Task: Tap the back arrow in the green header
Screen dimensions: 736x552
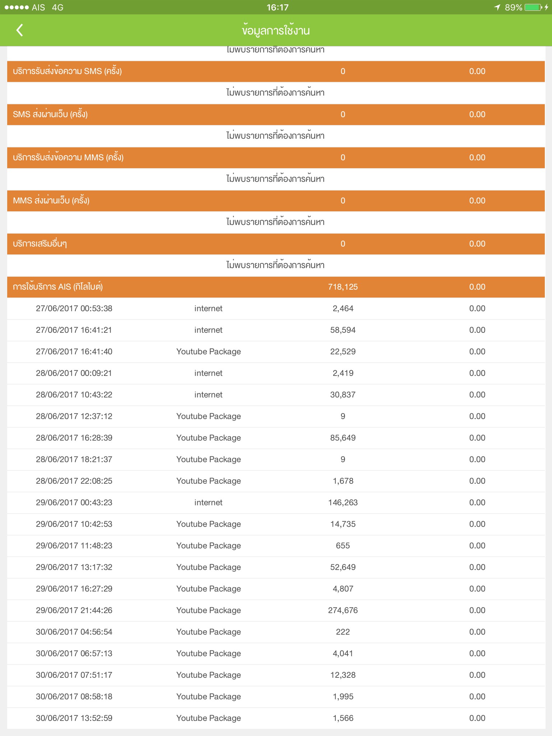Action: click(x=20, y=30)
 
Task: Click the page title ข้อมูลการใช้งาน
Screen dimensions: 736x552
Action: click(x=276, y=31)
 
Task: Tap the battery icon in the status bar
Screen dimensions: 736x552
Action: click(x=533, y=7)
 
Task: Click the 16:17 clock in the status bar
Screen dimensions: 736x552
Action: click(x=277, y=7)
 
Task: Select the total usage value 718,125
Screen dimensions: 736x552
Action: click(x=343, y=287)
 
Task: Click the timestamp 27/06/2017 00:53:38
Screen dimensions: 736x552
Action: click(x=74, y=308)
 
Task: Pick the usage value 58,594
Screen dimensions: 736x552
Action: click(x=343, y=330)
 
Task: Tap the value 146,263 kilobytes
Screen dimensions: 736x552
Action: click(x=343, y=502)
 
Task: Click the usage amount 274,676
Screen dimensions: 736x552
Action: click(x=343, y=610)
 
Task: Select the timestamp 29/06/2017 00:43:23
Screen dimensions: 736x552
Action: click(x=74, y=502)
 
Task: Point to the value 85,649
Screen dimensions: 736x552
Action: click(x=343, y=438)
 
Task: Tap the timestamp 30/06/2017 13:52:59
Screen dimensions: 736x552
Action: click(x=74, y=718)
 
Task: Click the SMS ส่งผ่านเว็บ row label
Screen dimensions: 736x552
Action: click(x=50, y=114)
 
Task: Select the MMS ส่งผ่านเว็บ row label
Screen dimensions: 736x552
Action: click(x=51, y=201)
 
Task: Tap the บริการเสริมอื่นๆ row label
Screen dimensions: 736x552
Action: click(x=40, y=244)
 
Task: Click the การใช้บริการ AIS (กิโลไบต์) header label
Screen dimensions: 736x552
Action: click(x=58, y=287)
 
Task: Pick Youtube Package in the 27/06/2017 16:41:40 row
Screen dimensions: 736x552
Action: click(x=208, y=351)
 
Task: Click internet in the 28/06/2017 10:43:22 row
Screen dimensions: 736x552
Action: click(x=208, y=395)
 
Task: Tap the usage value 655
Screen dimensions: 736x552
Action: click(x=343, y=546)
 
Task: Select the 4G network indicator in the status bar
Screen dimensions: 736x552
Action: click(x=57, y=7)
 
